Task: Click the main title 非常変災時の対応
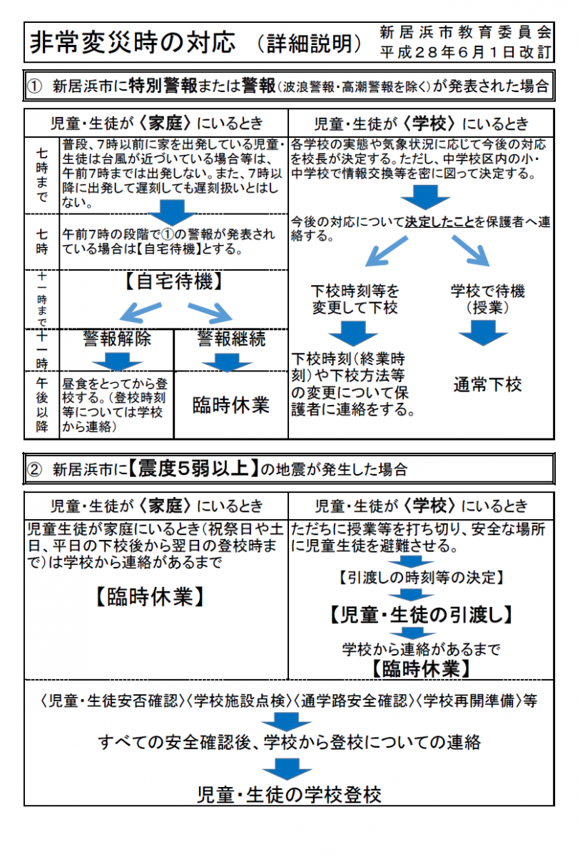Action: coord(133,42)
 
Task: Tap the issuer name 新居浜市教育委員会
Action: coord(465,33)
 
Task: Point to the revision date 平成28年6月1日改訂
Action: coord(465,52)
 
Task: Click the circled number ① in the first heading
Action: coord(34,86)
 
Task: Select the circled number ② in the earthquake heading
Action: coord(34,469)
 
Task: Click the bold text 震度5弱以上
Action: coord(193,468)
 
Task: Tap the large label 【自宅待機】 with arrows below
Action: coord(174,282)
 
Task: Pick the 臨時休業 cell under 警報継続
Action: coord(230,405)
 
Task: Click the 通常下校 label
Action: coord(487,384)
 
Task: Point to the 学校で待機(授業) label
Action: coord(487,299)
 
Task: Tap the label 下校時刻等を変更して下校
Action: coord(355,299)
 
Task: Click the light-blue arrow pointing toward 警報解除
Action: coord(141,312)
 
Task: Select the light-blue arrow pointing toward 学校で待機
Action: coord(471,251)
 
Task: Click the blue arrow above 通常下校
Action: coord(483,333)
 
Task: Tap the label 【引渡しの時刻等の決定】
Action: coord(421,578)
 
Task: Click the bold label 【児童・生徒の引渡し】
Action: coord(420,615)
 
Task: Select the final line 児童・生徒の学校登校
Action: coord(289,795)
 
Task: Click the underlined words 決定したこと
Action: coord(439,222)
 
